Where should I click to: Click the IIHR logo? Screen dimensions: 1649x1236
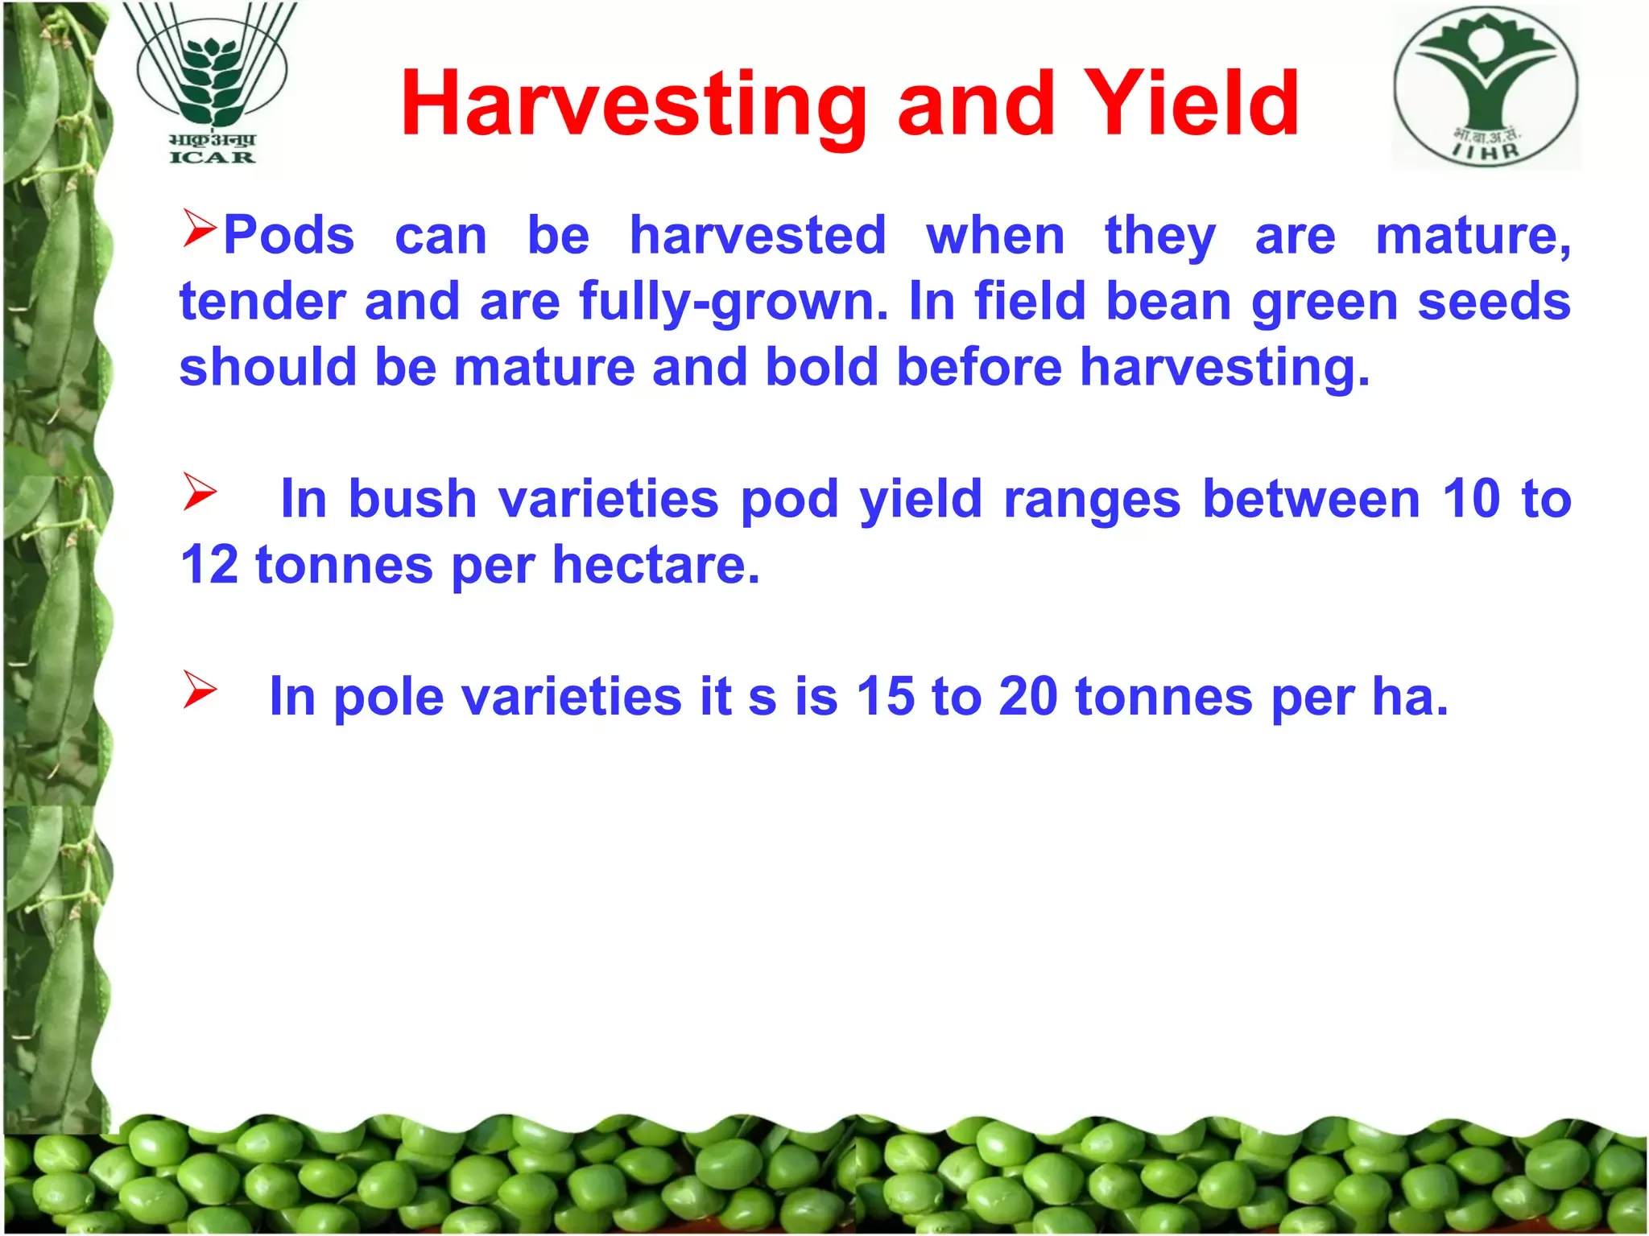[1486, 86]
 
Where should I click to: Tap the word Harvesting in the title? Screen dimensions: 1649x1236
[634, 105]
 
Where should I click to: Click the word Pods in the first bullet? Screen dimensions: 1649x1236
[289, 235]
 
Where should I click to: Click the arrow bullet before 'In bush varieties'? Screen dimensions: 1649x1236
[200, 492]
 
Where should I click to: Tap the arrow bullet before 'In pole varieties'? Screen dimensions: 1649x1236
[200, 690]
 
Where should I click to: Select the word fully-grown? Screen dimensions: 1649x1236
[734, 303]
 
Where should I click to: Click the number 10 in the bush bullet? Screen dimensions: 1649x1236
[1471, 499]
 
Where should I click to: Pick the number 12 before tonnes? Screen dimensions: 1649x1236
[209, 565]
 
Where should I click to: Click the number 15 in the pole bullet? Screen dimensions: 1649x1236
[886, 696]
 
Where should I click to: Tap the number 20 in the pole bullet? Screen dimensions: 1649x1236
[1028, 696]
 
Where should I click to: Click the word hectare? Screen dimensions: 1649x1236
[655, 565]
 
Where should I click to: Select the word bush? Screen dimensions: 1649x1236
[413, 499]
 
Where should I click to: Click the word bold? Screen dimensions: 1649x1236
[821, 367]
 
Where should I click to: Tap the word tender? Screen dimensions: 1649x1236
[262, 302]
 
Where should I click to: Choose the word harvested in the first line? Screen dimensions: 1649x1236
[758, 235]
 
